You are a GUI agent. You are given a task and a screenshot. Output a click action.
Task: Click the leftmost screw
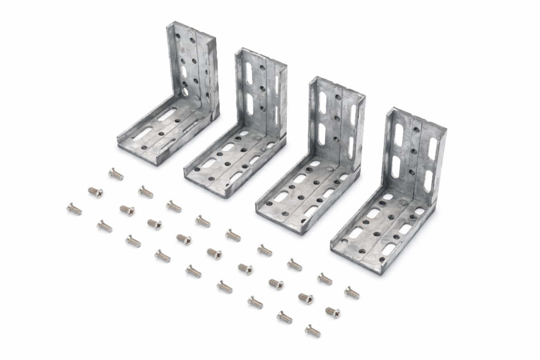click(x=73, y=208)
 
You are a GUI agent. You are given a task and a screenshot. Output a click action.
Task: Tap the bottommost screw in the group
click(x=313, y=329)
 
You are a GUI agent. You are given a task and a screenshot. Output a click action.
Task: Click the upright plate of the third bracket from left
click(x=334, y=120)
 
